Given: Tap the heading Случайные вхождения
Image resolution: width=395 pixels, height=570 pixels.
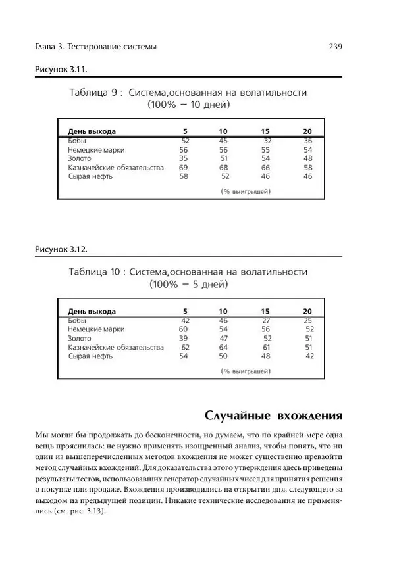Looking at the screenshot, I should tap(273, 416).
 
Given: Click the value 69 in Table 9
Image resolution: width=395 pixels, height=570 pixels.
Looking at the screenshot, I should tap(184, 168).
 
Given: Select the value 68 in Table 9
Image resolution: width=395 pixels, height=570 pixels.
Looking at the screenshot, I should tap(224, 168).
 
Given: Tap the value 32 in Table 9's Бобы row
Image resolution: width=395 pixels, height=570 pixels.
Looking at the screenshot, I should tap(267, 141).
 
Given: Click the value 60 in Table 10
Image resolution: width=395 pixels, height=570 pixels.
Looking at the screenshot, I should tap(184, 329).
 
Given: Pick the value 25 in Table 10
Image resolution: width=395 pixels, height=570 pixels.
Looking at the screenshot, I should tap(307, 320).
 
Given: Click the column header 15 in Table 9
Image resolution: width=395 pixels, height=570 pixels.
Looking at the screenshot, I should tap(265, 131).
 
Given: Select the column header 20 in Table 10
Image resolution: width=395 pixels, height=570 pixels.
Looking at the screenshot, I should tap(307, 311).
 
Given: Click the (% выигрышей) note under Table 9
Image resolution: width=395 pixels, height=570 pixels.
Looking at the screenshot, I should tap(247, 192).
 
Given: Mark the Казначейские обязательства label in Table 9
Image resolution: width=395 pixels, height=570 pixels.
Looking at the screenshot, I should tap(115, 168).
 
